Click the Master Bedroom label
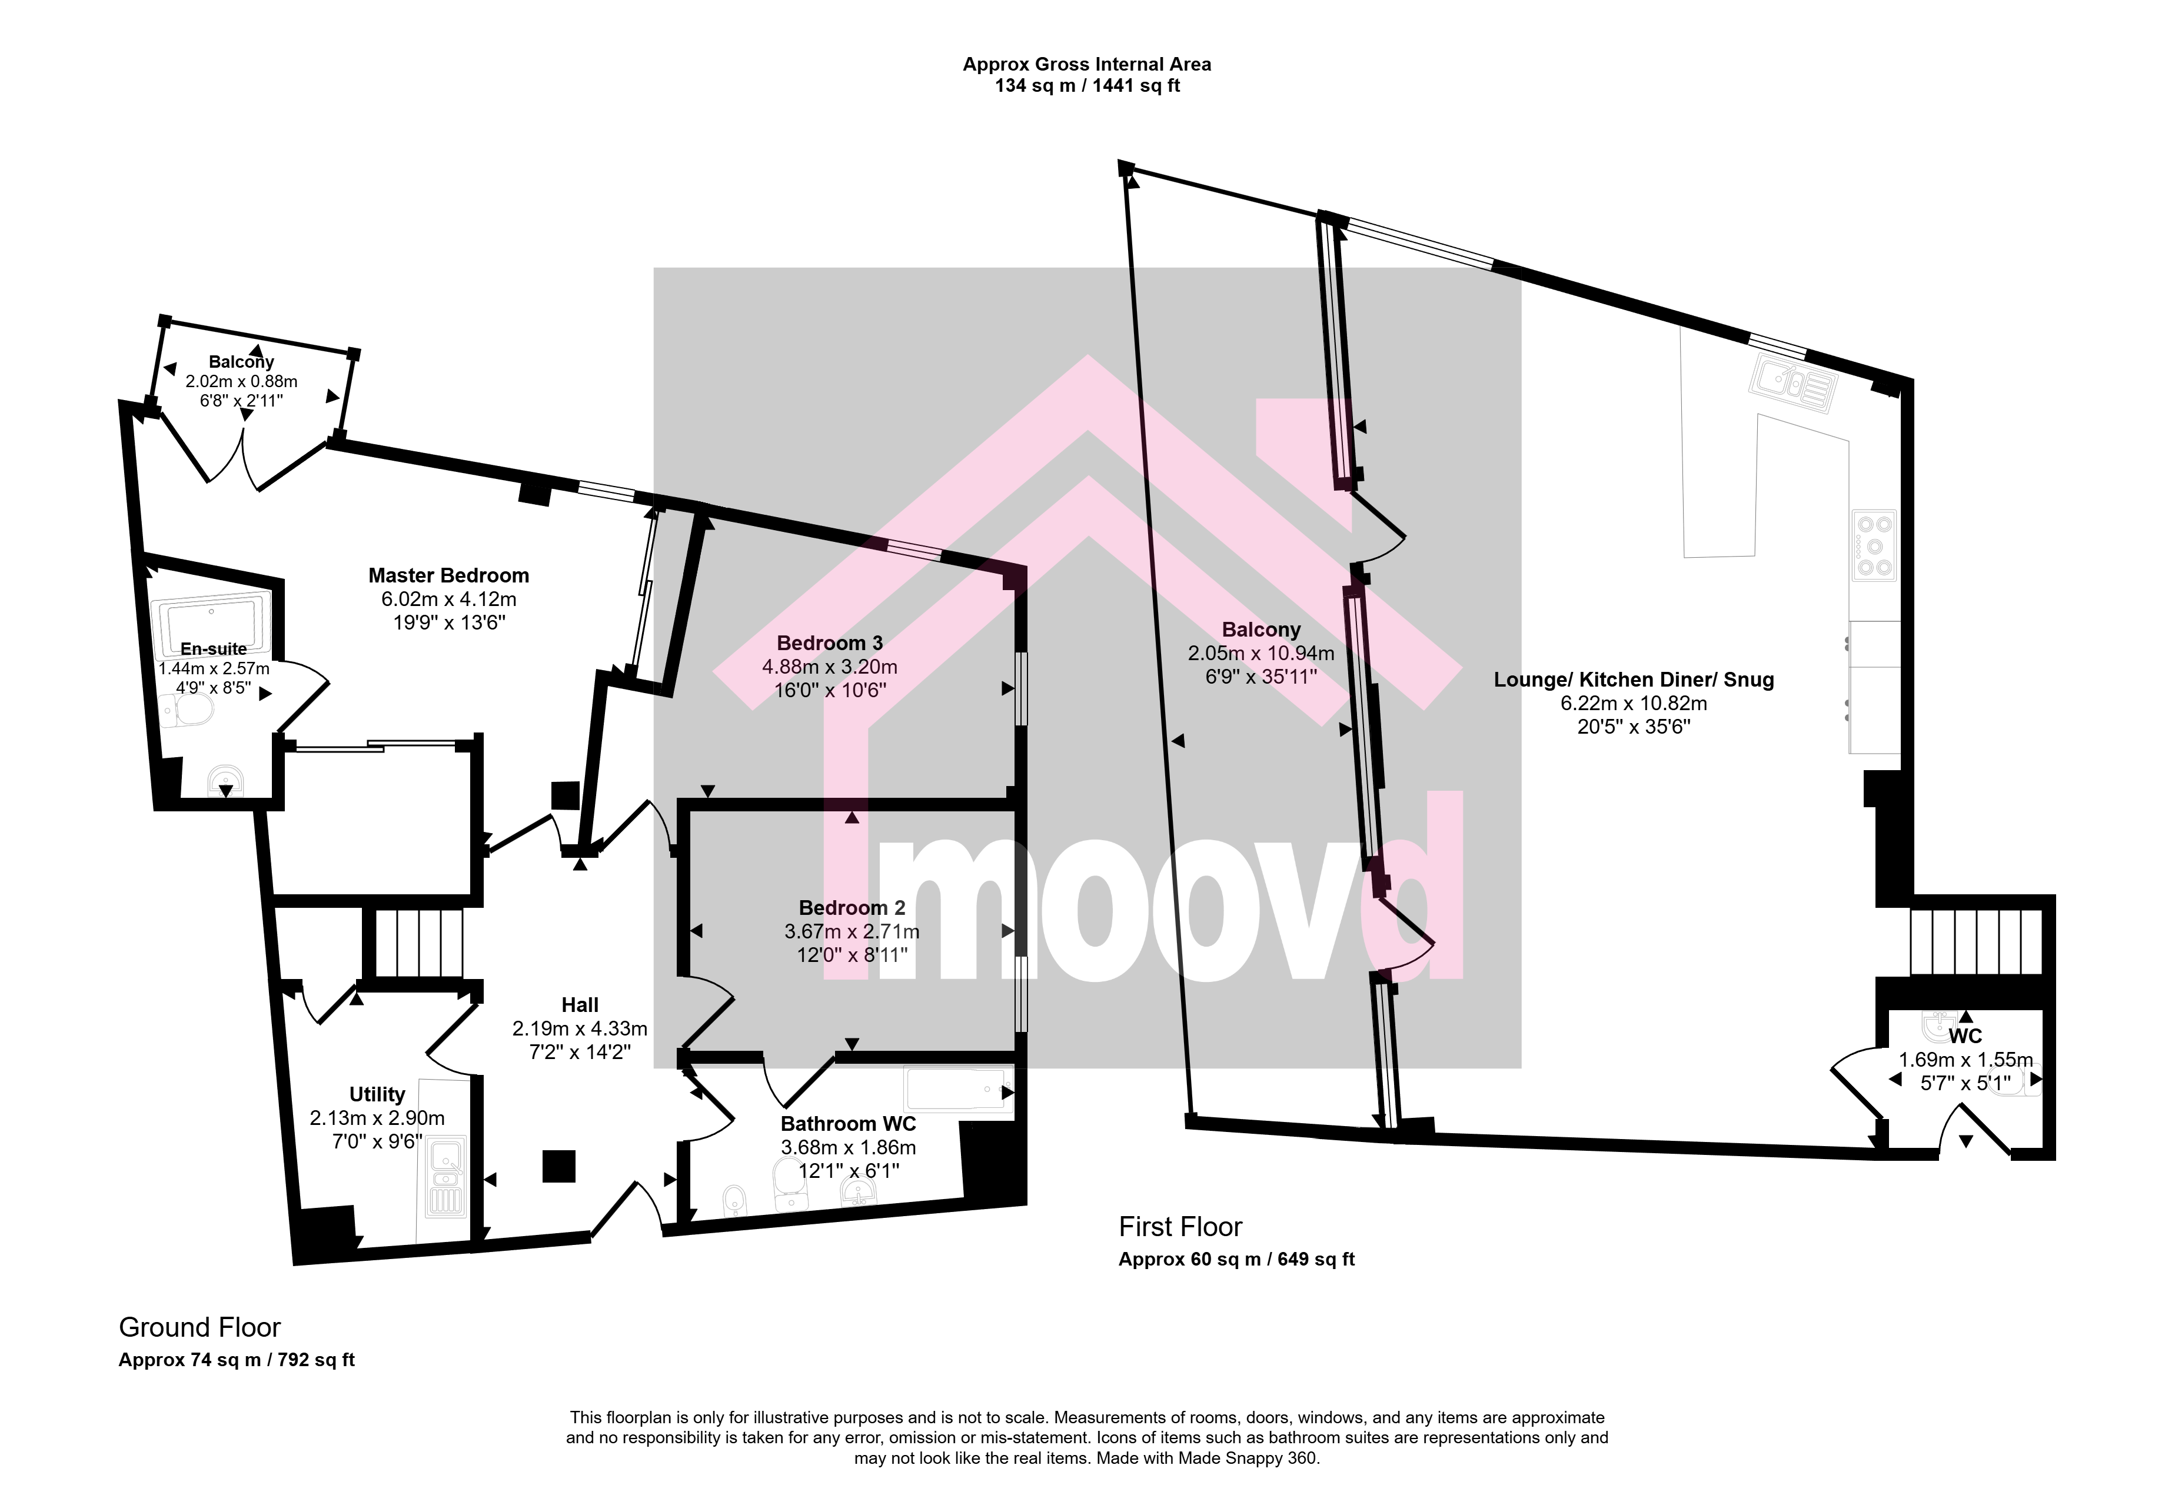pos(448,575)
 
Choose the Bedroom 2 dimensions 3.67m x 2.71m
pos(852,932)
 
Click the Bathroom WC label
pos(849,1123)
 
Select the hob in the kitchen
pos(1873,545)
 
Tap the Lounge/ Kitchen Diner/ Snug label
pos(1634,680)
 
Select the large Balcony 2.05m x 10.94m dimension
pos(1261,654)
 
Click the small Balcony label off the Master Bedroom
pos(242,362)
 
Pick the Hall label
pos(580,1005)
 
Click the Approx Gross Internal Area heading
pos(1086,65)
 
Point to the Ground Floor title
pos(199,1327)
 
